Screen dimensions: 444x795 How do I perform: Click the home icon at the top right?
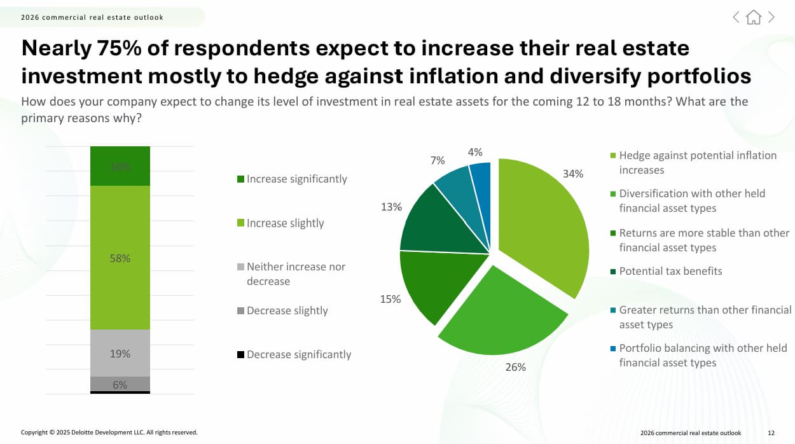pyautogui.click(x=754, y=17)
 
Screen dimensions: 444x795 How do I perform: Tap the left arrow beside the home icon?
pyautogui.click(x=736, y=17)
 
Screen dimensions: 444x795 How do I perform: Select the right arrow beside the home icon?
pyautogui.click(x=771, y=17)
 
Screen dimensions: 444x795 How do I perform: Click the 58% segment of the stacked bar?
pyautogui.click(x=120, y=258)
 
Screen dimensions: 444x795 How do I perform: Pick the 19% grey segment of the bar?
pyautogui.click(x=120, y=353)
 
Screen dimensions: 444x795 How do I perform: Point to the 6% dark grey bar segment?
pyautogui.click(x=120, y=384)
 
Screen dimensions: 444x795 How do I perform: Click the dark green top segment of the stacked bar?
pyautogui.click(x=120, y=166)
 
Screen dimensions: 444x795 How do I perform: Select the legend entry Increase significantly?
pyautogui.click(x=296, y=179)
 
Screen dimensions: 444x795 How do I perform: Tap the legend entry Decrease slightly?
pyautogui.click(x=287, y=310)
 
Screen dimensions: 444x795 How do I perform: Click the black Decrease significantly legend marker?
pyautogui.click(x=240, y=354)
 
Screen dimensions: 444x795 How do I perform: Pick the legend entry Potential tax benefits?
pyautogui.click(x=670, y=271)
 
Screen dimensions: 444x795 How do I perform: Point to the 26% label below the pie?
pyautogui.click(x=516, y=367)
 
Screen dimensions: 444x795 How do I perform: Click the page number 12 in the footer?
pyautogui.click(x=771, y=433)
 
